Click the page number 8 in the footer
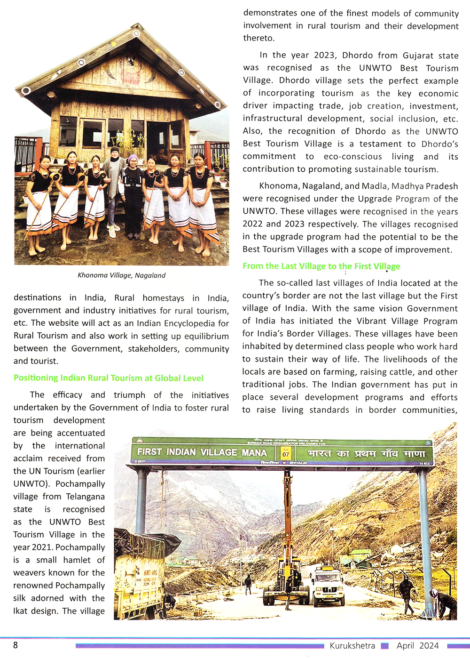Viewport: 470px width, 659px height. pyautogui.click(x=16, y=645)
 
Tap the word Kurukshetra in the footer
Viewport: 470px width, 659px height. pyautogui.click(x=352, y=645)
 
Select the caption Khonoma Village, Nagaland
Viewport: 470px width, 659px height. pyautogui.click(x=121, y=275)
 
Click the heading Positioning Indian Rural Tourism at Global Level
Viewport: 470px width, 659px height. pyautogui.click(x=109, y=378)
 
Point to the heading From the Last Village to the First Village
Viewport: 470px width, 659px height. pyautogui.click(x=321, y=266)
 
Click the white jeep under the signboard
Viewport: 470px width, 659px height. pyautogui.click(x=328, y=585)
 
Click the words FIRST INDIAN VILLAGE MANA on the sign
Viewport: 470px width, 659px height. pyautogui.click(x=202, y=452)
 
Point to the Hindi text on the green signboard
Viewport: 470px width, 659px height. pyautogui.click(x=366, y=454)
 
